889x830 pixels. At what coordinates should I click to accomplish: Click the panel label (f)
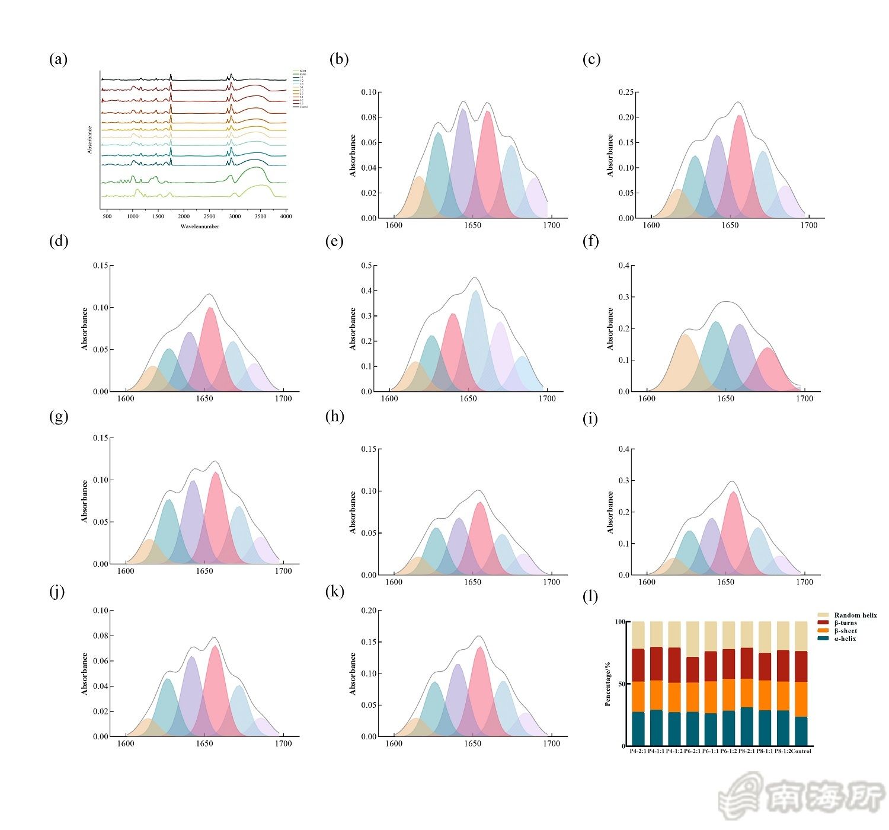[x=591, y=241]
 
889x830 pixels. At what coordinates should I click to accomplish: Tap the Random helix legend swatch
[x=823, y=615]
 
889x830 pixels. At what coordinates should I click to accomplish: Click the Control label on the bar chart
[x=801, y=751]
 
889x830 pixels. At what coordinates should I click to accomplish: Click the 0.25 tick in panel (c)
[x=626, y=92]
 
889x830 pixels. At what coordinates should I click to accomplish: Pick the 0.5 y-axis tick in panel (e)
[x=367, y=266]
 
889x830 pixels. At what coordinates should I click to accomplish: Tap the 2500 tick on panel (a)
[x=209, y=216]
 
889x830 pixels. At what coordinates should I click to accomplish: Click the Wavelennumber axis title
[x=200, y=226]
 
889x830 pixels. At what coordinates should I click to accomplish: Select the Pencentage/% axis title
[x=607, y=684]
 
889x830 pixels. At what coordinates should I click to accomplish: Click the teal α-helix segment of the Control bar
[x=801, y=732]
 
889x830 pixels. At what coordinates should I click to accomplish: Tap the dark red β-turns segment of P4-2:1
[x=638, y=665]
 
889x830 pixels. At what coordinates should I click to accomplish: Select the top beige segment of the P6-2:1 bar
[x=692, y=639]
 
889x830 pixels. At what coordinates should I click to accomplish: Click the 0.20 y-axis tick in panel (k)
[x=369, y=611]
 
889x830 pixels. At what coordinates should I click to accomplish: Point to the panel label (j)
[x=57, y=592]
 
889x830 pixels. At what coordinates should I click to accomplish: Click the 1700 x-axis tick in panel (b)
[x=551, y=225]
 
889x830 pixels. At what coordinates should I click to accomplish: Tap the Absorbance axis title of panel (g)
[x=85, y=502]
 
